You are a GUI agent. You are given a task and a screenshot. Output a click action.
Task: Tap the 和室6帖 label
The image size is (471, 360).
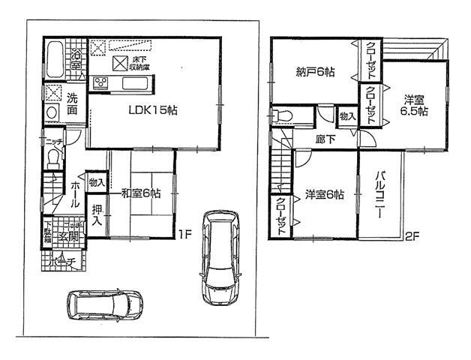pos(142,193)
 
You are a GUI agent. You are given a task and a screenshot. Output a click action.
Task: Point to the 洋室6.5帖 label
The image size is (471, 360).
pos(413,104)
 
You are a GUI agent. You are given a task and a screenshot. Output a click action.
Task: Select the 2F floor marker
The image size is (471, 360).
pos(411,236)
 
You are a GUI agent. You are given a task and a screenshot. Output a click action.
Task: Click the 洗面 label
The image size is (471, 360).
pos(71,103)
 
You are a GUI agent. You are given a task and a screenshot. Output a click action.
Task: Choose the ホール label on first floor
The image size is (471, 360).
pos(76,193)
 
